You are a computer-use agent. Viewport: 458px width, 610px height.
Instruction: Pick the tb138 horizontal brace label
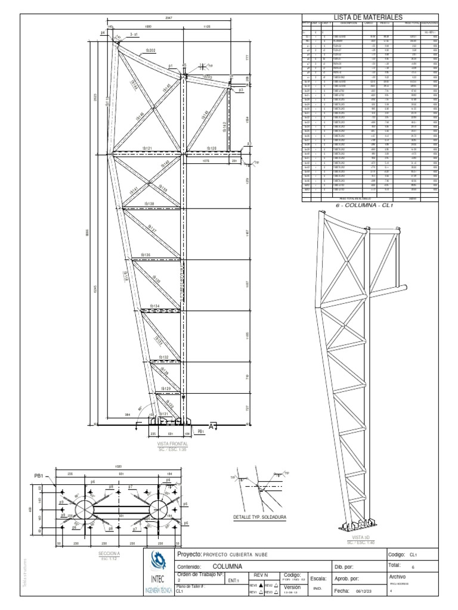click(148, 204)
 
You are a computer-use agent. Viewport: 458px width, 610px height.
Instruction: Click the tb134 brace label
click(154, 306)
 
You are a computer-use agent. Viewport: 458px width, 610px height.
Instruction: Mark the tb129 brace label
click(166, 388)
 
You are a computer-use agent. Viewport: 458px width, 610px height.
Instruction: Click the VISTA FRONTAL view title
click(172, 444)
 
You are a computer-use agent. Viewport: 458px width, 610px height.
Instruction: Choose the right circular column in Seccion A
click(157, 509)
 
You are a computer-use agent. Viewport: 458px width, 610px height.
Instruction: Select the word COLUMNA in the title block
click(227, 567)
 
